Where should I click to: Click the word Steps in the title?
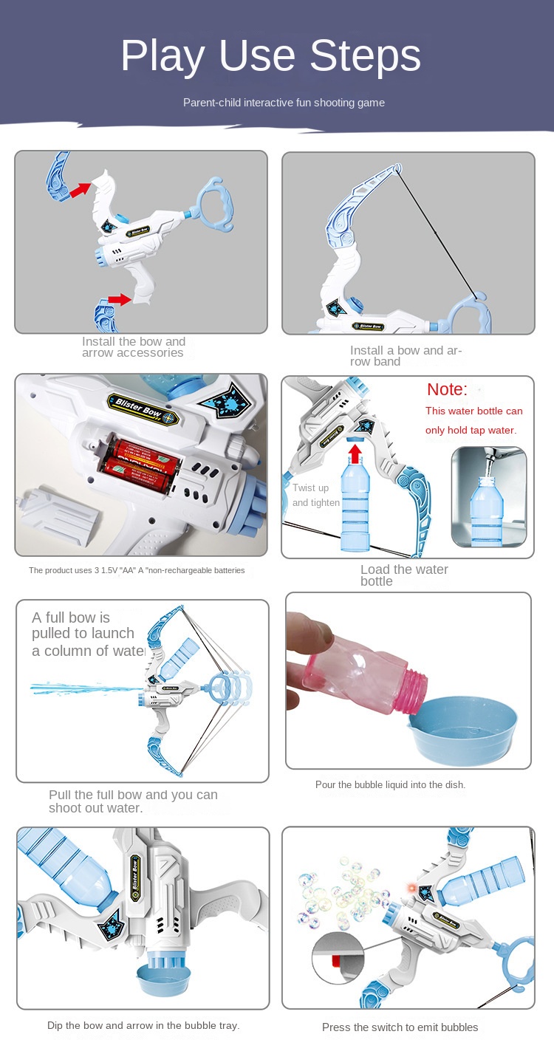coord(365,56)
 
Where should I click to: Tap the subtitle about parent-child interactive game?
coord(284,103)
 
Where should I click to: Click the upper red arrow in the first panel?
coord(81,189)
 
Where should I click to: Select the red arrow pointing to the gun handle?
coord(120,299)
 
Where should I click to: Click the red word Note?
coord(447,389)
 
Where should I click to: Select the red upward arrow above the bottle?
coord(355,454)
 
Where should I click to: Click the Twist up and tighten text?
coord(316,495)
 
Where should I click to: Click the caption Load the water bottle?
coord(404,575)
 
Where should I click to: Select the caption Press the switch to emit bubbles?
coord(400,1027)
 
